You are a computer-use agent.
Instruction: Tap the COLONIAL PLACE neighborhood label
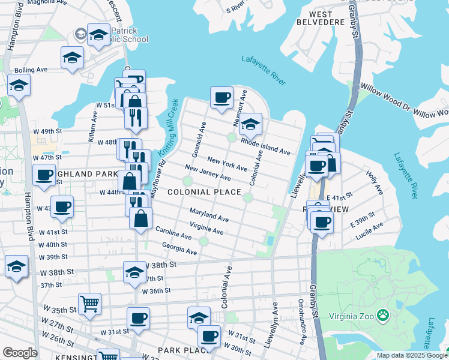(x=204, y=192)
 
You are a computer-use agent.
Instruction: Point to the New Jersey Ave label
(x=208, y=173)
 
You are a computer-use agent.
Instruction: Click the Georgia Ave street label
(x=179, y=248)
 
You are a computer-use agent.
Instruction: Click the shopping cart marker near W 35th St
(x=89, y=304)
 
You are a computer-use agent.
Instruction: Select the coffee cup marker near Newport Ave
(x=221, y=97)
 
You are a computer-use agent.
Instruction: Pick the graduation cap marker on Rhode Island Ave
(x=250, y=124)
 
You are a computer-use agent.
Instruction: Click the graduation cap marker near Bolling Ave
(x=72, y=58)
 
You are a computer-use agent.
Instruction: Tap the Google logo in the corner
(x=20, y=353)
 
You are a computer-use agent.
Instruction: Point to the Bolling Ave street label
(x=31, y=70)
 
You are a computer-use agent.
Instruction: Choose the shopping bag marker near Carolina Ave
(x=140, y=218)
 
